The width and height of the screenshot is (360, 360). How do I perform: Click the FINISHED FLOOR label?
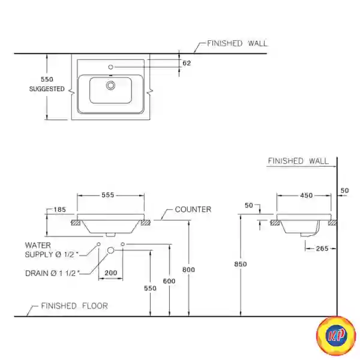tap(74, 306)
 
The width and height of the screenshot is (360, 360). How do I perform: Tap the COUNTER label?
tap(193, 209)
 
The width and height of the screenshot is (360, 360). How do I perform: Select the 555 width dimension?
tap(108, 195)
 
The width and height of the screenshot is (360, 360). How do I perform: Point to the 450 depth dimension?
tap(306, 195)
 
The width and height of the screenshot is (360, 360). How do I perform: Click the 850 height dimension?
tap(241, 263)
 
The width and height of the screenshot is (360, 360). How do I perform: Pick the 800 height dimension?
tap(189, 270)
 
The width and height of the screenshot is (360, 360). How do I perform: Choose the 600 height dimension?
tap(170, 281)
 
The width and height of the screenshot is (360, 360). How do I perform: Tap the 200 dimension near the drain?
tap(111, 273)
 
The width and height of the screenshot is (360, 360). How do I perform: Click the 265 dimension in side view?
tap(322, 248)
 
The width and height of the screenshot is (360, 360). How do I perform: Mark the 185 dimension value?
tap(59, 210)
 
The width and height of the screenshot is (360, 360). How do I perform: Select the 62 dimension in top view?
tap(186, 62)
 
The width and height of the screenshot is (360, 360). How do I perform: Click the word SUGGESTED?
tap(47, 89)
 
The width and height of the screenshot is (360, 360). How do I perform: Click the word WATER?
tap(38, 245)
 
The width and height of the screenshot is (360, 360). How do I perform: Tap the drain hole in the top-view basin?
tap(110, 86)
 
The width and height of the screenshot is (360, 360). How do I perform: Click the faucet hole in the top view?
tap(110, 66)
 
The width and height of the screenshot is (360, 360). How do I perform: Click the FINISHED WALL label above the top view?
tap(237, 43)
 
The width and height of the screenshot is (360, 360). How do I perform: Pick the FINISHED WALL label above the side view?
tap(298, 161)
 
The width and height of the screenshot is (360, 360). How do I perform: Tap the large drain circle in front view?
tap(110, 250)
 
